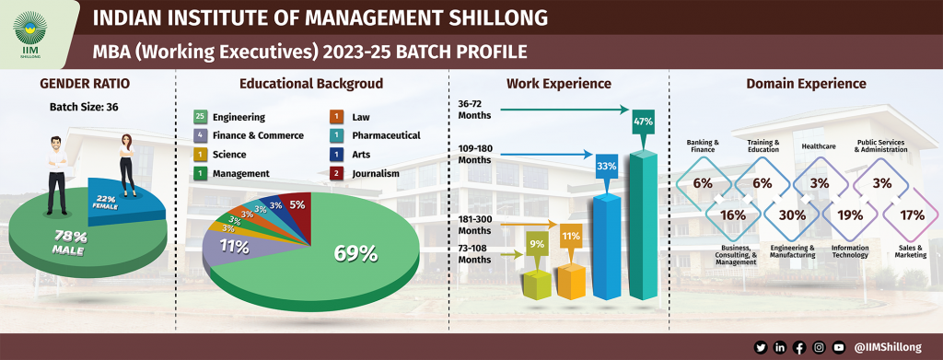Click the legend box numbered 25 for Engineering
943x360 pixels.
tap(200, 117)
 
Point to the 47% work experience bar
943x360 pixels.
tap(643, 221)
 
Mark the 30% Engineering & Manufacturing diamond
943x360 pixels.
tap(786, 215)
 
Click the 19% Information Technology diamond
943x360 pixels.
tap(850, 215)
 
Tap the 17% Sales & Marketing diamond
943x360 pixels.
tap(912, 215)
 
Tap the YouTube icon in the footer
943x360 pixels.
tap(838, 347)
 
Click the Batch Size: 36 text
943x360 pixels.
tap(84, 107)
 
